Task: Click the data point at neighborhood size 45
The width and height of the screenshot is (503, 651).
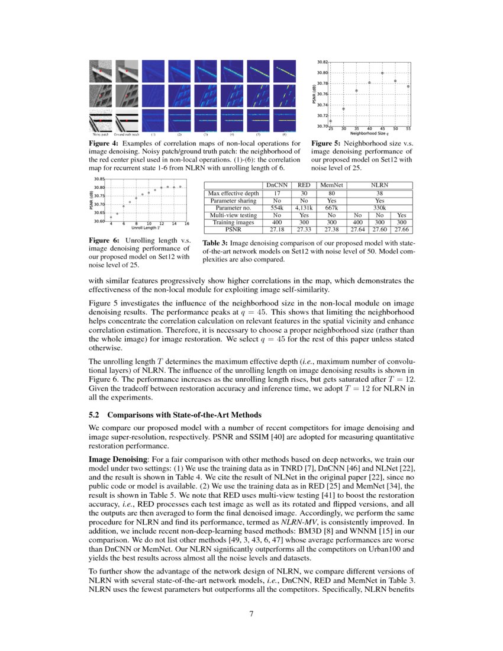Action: point(382,73)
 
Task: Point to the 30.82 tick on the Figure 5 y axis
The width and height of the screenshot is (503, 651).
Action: point(321,62)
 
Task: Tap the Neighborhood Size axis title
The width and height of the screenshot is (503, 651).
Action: point(370,134)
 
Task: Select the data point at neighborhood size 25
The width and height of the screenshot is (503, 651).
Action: point(330,121)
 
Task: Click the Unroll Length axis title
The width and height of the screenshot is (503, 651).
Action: point(146,228)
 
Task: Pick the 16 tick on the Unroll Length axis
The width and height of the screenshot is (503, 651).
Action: point(186,223)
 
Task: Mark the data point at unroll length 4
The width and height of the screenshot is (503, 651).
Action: point(111,217)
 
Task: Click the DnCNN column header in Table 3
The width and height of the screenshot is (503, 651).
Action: point(275,185)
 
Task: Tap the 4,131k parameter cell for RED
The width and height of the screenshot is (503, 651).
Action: point(304,208)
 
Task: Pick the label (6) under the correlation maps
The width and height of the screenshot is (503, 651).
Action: point(284,135)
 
